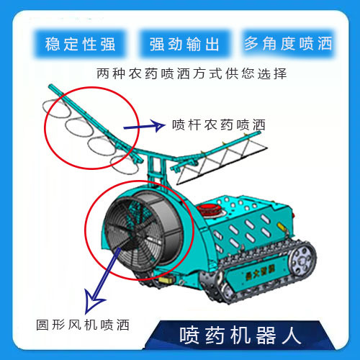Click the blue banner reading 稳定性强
(80, 44)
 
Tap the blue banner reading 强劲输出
(184, 44)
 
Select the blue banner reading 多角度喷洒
(288, 43)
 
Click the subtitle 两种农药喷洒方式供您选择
(192, 73)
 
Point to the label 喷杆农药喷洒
(219, 125)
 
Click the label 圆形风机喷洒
(83, 325)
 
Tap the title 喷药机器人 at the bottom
(240, 336)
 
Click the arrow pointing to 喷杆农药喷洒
(145, 126)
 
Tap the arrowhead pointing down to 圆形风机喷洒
(93, 301)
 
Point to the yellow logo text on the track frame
(260, 273)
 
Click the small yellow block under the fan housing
(166, 279)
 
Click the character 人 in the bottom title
(292, 336)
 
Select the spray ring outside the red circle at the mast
(125, 165)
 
